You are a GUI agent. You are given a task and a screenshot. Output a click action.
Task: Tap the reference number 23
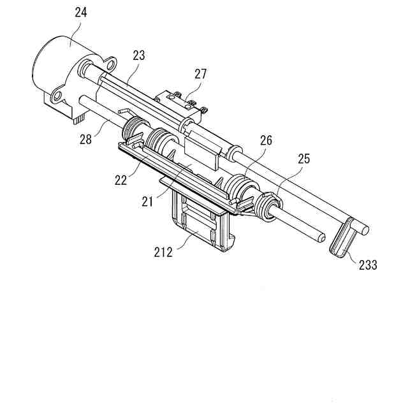pos(138,55)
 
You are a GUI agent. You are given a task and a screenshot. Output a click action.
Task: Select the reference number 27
pos(201,73)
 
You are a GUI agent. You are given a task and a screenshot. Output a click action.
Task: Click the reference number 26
pos(265,140)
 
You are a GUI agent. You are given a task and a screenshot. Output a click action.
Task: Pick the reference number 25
pos(302,159)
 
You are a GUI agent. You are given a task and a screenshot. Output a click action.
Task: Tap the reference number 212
pos(164,252)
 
